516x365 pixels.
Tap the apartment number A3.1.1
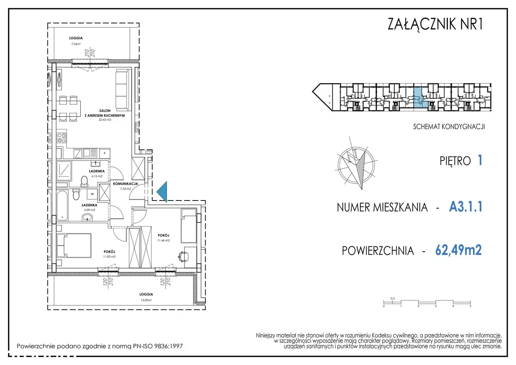466,206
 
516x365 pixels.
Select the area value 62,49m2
458,250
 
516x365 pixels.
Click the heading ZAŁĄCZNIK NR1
435,24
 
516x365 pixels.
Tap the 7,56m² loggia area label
76,44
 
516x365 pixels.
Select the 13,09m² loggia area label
146,300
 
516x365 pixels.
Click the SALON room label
105,111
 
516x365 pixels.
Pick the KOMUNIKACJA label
125,184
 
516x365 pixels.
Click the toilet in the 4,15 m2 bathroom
84,181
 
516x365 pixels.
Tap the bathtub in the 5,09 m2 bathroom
62,205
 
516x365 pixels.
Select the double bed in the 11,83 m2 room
74,245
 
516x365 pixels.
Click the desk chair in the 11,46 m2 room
183,257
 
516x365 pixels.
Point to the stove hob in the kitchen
62,138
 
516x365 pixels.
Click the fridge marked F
104,153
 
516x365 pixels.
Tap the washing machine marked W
92,194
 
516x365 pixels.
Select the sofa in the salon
122,91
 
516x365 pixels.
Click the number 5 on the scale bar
470,306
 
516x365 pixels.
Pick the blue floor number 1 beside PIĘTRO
480,160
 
